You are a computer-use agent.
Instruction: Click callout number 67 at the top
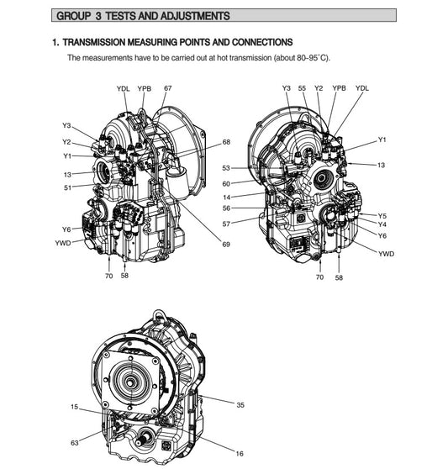(x=168, y=88)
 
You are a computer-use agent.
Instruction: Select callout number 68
(x=226, y=142)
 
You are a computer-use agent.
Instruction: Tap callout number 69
(x=226, y=245)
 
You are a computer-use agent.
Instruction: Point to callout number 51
(x=67, y=187)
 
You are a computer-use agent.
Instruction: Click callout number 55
(x=303, y=88)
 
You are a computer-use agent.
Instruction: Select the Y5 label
(x=382, y=216)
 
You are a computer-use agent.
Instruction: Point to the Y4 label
(x=382, y=225)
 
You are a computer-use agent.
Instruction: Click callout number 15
(x=75, y=408)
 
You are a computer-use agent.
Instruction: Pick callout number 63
(x=75, y=442)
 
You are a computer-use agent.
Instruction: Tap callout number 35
(x=240, y=405)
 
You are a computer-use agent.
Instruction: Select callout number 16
(x=240, y=453)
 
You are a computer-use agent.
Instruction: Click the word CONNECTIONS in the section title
(x=256, y=42)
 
